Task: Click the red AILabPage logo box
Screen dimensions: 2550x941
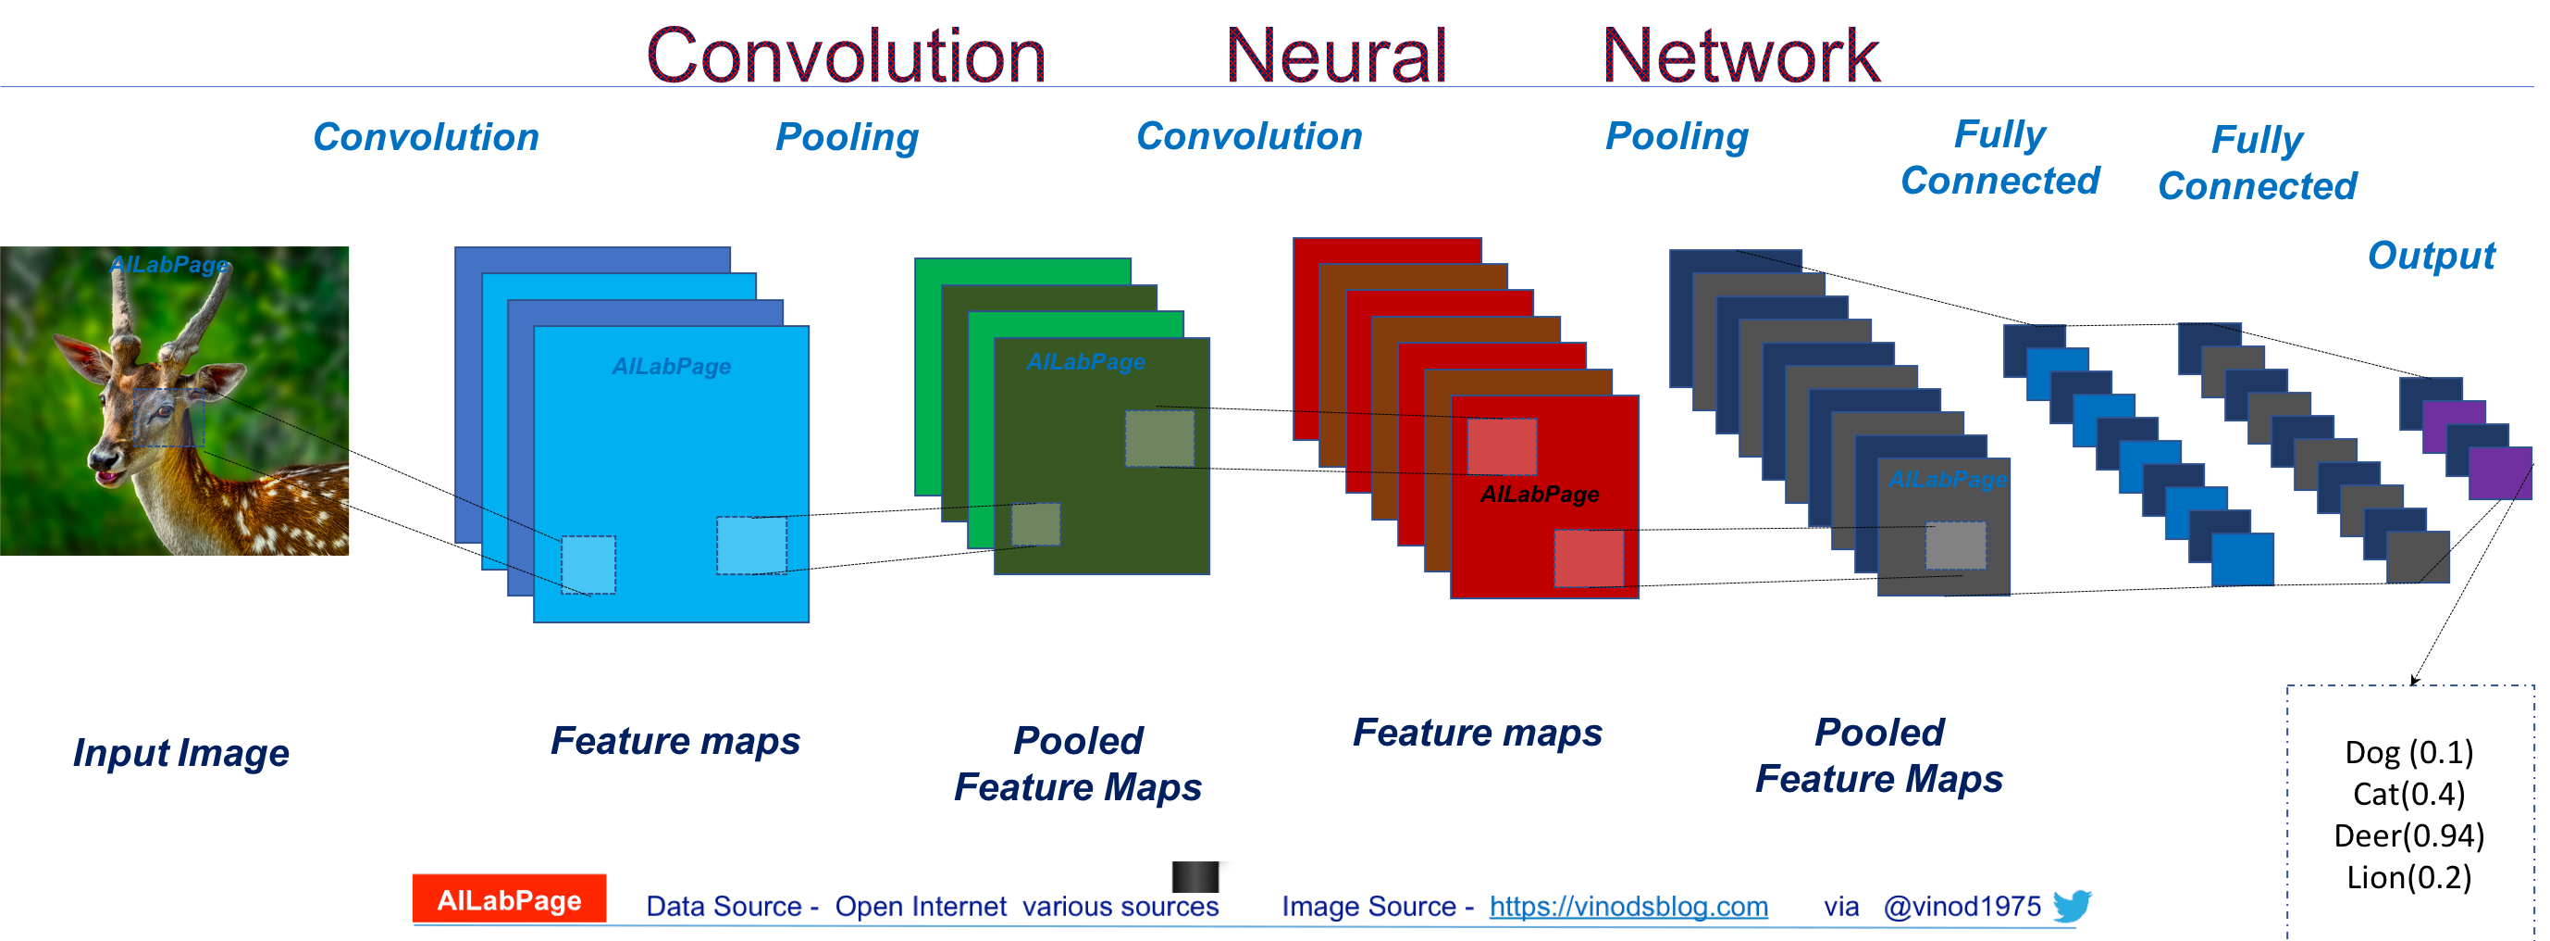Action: tap(509, 898)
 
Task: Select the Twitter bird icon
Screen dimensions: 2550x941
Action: tap(2071, 904)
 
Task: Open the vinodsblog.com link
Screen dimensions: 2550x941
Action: tap(1628, 907)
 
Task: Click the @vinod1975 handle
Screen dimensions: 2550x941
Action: tap(1961, 907)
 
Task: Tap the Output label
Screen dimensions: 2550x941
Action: tap(2432, 256)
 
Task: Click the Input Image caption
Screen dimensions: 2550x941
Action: tap(181, 753)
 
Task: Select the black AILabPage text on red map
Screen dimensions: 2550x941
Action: tap(1540, 495)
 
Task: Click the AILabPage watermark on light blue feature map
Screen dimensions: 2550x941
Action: tap(671, 367)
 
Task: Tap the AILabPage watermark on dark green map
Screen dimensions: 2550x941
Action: tap(1086, 362)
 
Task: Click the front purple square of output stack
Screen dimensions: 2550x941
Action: tap(2498, 473)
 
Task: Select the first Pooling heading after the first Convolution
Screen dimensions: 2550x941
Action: tap(847, 137)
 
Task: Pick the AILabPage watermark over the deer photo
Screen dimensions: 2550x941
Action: tap(169, 265)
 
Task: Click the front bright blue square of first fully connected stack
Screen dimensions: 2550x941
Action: tap(2242, 558)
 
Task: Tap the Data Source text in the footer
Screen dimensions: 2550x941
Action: tap(932, 907)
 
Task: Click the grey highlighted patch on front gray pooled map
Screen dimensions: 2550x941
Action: tap(1955, 545)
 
